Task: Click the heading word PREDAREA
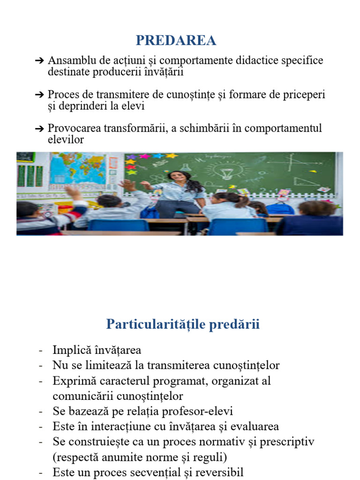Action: [176, 41]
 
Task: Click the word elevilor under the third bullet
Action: [66, 139]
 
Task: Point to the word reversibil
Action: [217, 472]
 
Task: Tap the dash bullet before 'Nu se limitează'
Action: [41, 366]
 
